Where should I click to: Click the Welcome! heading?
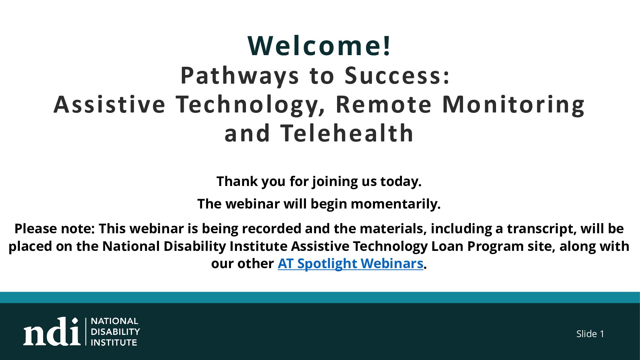click(x=319, y=46)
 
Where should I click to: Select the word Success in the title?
click(x=397, y=76)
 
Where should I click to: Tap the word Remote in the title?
click(x=384, y=104)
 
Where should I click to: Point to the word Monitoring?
click(x=513, y=105)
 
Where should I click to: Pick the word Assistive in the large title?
click(x=109, y=104)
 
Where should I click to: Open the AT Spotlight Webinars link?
click(x=350, y=263)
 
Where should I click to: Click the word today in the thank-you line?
click(x=401, y=181)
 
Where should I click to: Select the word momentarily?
click(x=396, y=204)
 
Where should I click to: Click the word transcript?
click(x=541, y=229)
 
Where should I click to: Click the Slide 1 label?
click(x=590, y=334)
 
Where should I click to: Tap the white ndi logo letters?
click(x=52, y=331)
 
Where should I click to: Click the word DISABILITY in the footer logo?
click(x=115, y=332)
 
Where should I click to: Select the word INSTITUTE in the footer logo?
click(x=114, y=342)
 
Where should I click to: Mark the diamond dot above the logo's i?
click(x=75, y=321)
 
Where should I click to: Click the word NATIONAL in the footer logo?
click(x=115, y=321)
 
